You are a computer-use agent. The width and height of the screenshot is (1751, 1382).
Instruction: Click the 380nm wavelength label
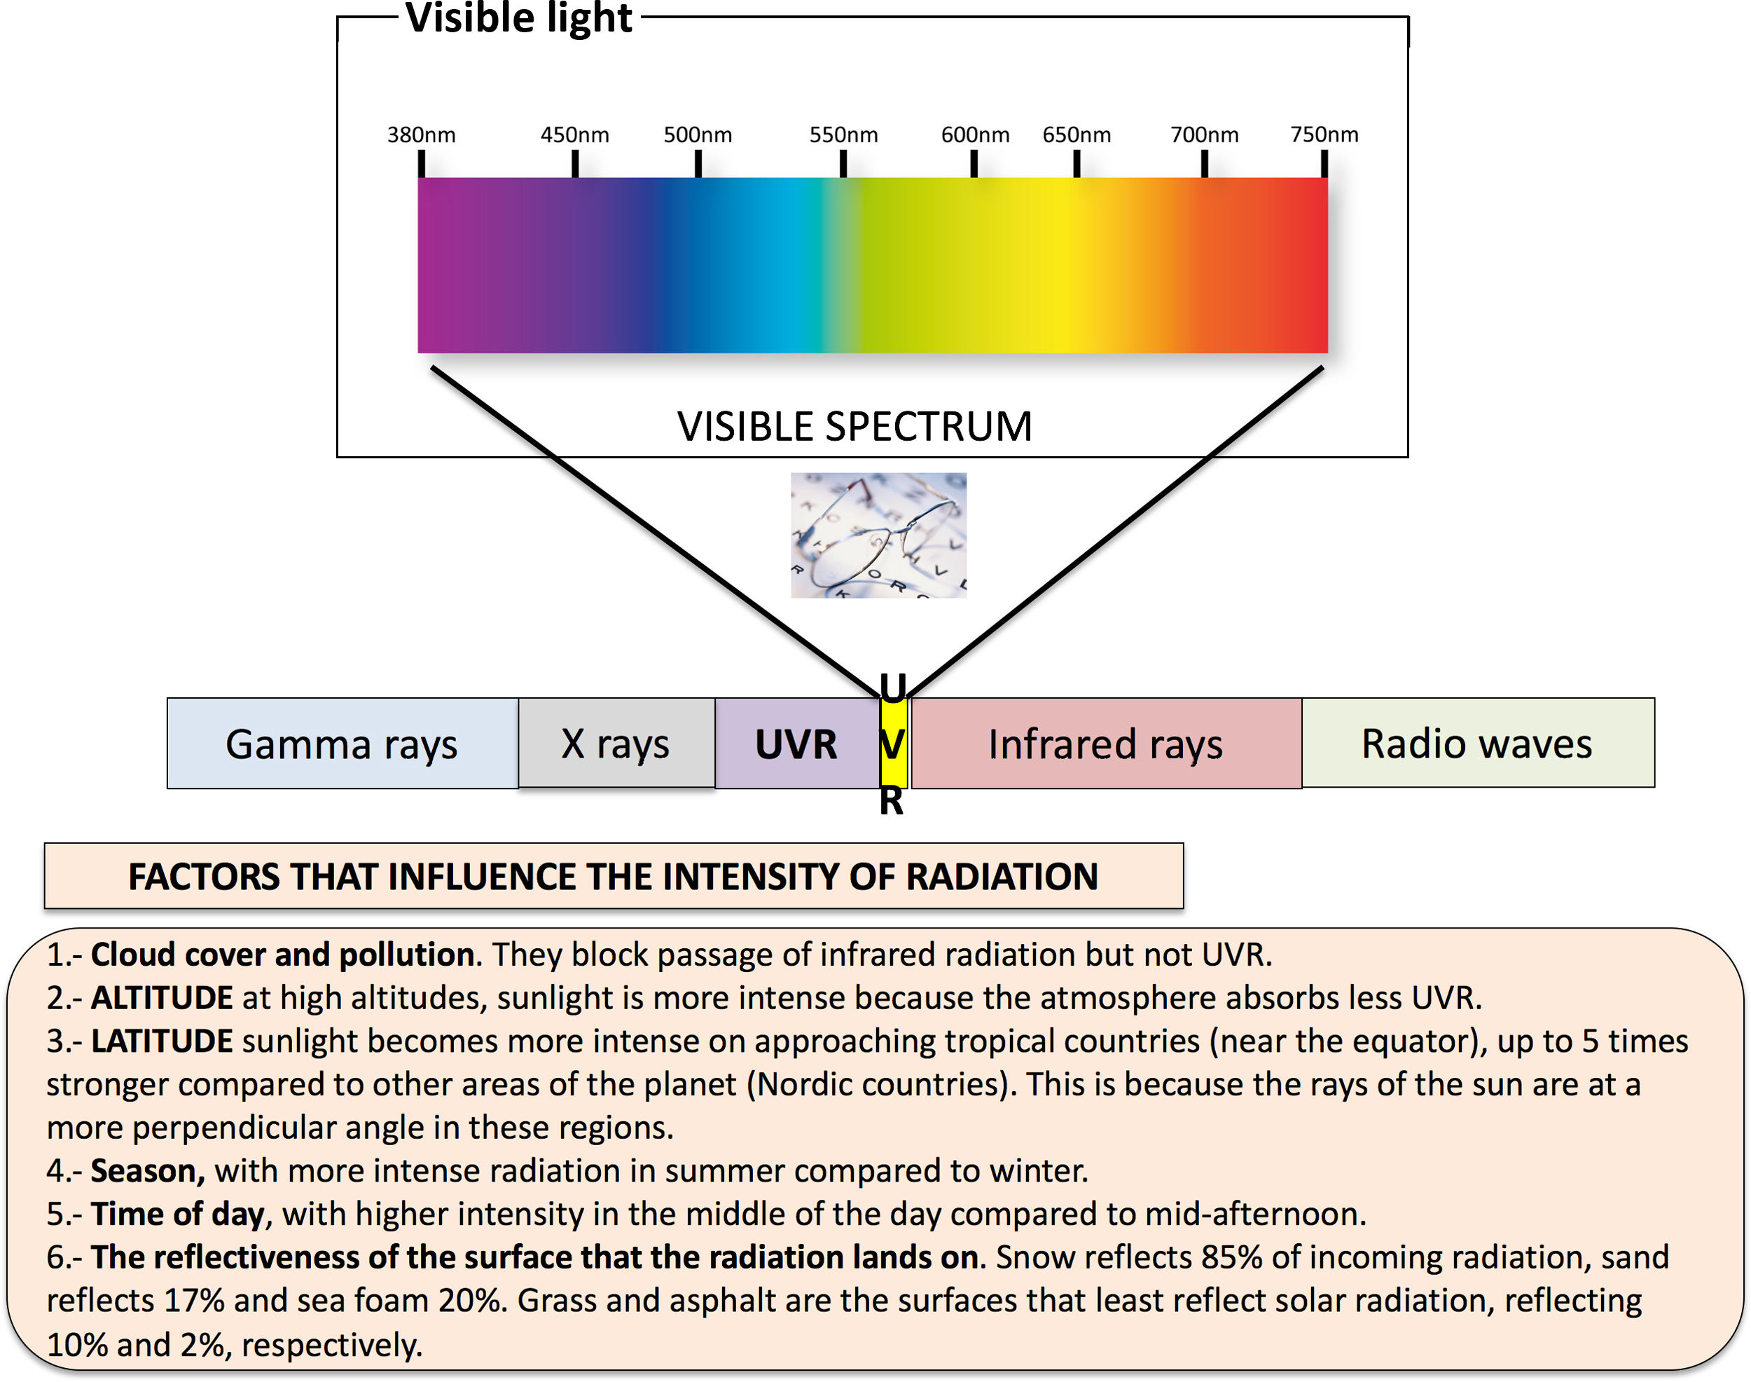(420, 135)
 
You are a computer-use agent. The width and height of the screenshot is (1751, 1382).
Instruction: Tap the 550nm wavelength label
(843, 135)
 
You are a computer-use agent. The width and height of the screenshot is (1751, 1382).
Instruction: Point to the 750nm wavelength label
(1324, 135)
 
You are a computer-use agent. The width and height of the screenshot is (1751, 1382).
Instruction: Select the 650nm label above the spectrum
(1077, 135)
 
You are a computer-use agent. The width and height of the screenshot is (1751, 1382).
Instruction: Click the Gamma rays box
(342, 744)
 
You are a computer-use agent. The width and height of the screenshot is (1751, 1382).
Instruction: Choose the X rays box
(616, 744)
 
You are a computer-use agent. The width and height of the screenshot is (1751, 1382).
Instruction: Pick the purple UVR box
(796, 744)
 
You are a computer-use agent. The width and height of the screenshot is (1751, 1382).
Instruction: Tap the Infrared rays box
(1106, 744)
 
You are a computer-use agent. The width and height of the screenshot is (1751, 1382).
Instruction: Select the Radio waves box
(1477, 744)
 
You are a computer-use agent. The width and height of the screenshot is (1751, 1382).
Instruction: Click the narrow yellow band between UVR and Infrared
(893, 744)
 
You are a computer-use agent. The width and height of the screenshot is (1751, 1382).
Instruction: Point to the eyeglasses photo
(878, 535)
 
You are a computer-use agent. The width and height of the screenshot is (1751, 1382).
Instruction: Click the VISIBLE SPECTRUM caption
(855, 426)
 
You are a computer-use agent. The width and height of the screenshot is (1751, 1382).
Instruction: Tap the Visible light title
(518, 18)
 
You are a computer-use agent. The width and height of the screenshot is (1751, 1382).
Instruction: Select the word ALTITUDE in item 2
(162, 998)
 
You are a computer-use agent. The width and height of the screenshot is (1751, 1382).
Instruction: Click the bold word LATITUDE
(162, 1041)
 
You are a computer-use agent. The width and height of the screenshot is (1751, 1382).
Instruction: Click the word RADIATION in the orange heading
(1002, 876)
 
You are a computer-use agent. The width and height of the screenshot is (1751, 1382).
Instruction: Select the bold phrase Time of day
(178, 1214)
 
